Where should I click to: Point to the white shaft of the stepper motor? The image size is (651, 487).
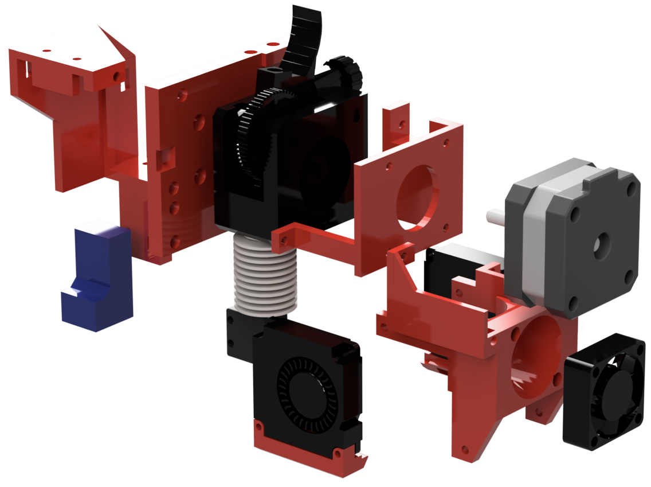coord(495,216)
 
